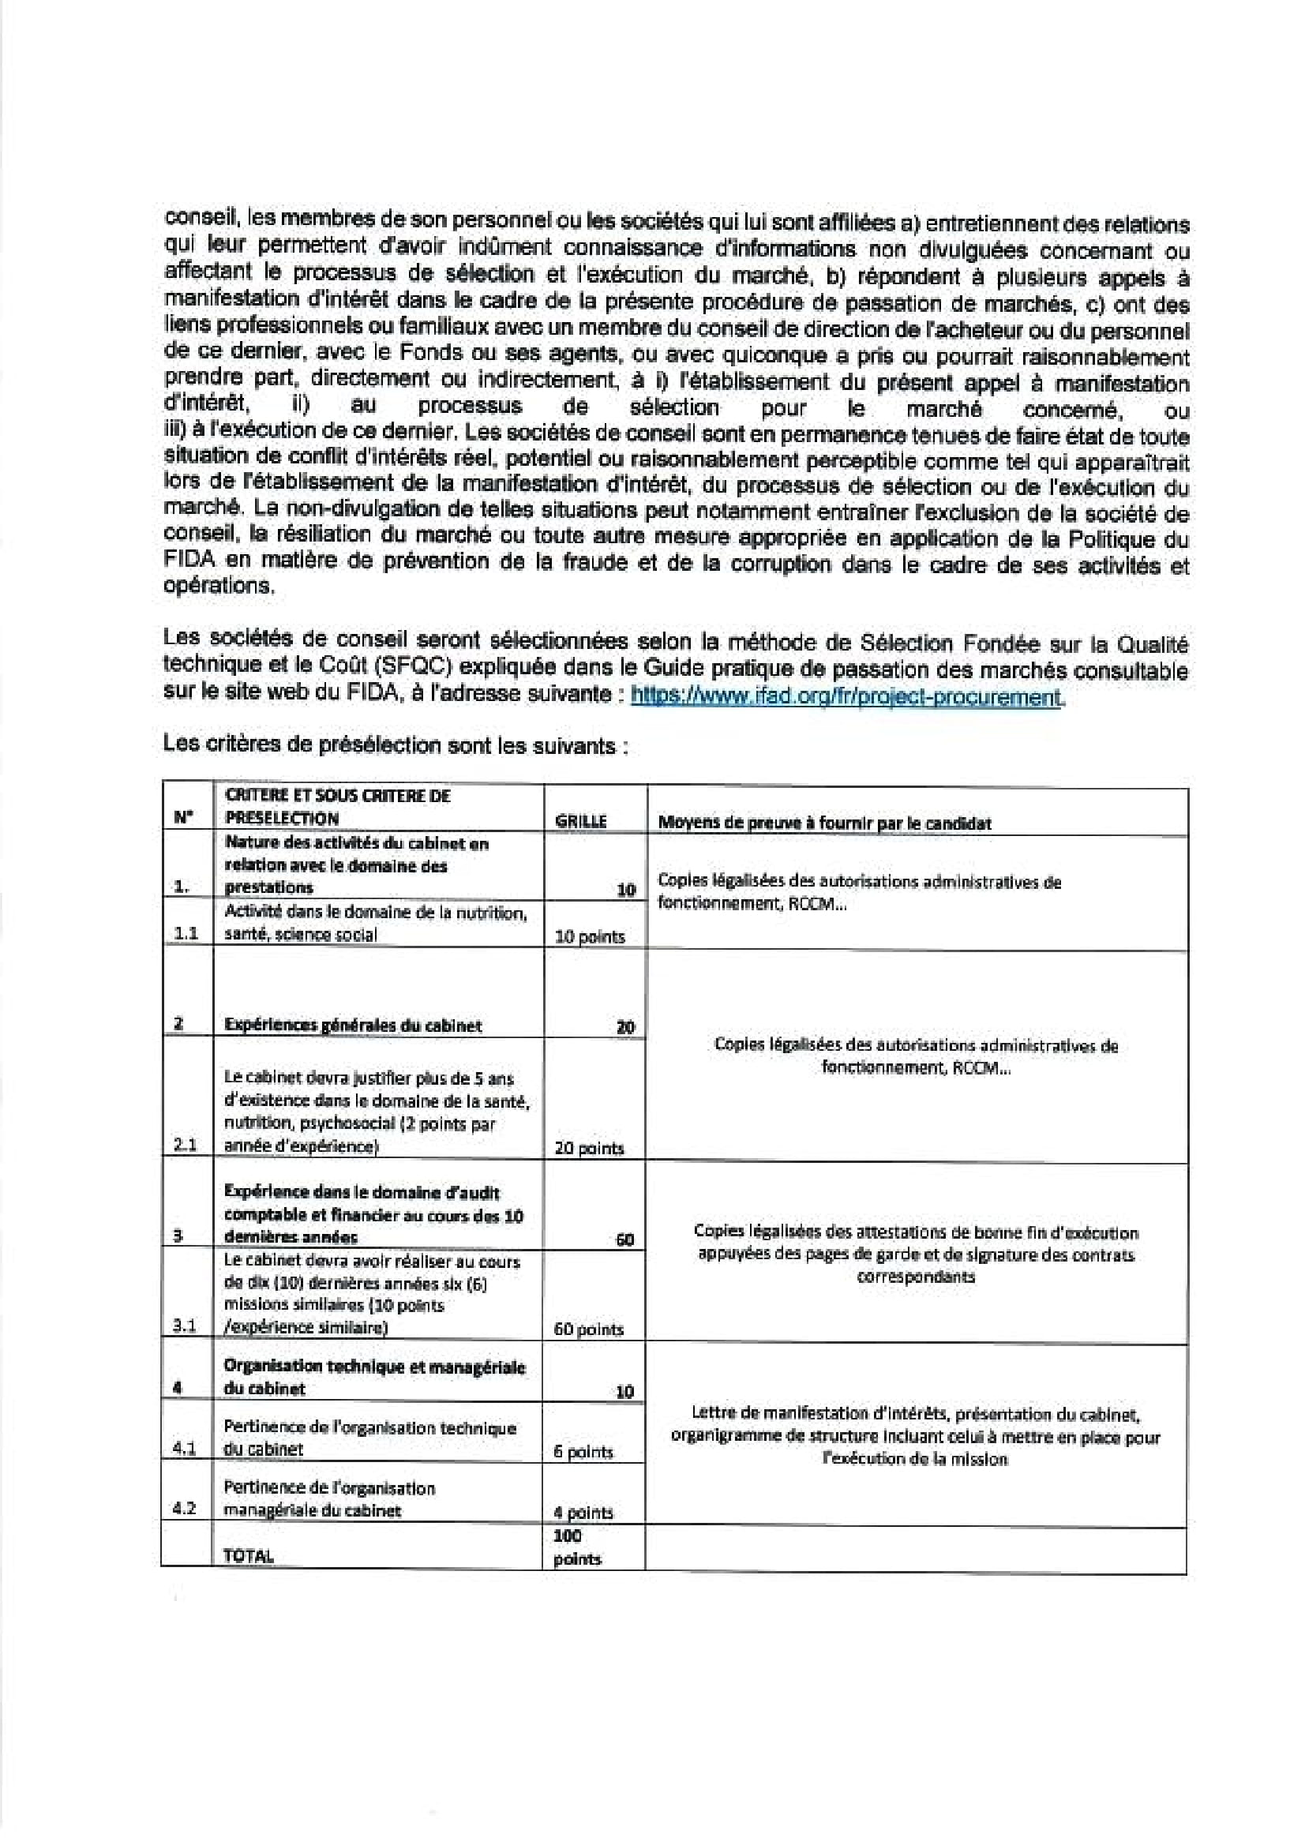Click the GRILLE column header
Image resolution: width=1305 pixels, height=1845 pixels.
point(581,822)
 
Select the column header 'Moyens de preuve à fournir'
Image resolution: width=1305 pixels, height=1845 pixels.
point(824,823)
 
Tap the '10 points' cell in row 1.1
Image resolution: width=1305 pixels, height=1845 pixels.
point(590,936)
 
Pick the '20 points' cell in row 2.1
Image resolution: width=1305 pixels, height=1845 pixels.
point(589,1149)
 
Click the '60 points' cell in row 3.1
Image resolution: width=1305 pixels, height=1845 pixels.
point(589,1329)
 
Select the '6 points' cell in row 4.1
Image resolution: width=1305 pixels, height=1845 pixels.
point(583,1452)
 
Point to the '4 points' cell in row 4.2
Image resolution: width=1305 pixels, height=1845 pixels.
point(583,1513)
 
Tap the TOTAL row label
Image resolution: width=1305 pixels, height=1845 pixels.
point(249,1556)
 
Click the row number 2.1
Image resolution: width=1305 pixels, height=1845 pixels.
point(186,1146)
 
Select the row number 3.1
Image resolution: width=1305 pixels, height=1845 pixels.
point(185,1328)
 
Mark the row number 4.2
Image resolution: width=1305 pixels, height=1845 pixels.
point(185,1509)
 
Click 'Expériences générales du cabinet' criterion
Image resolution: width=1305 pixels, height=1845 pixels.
point(353,1026)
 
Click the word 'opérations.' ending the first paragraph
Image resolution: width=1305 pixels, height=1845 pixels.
point(219,586)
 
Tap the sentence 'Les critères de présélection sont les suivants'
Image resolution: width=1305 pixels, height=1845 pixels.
point(394,745)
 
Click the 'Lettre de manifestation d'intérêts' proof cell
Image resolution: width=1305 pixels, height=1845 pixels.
point(915,1436)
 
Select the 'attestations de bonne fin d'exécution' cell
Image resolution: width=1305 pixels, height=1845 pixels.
point(915,1254)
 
